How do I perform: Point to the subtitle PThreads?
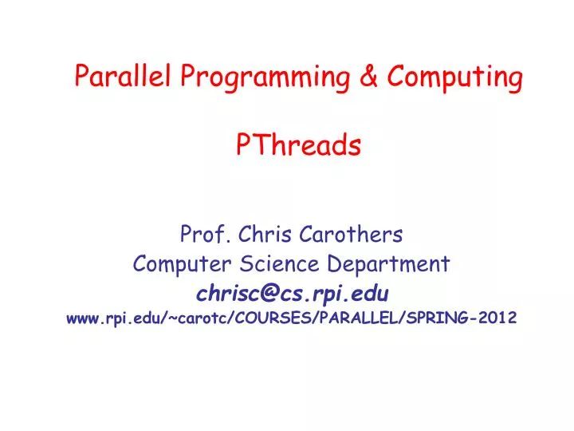point(299,146)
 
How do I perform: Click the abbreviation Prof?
point(200,235)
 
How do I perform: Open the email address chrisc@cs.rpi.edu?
point(293,291)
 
